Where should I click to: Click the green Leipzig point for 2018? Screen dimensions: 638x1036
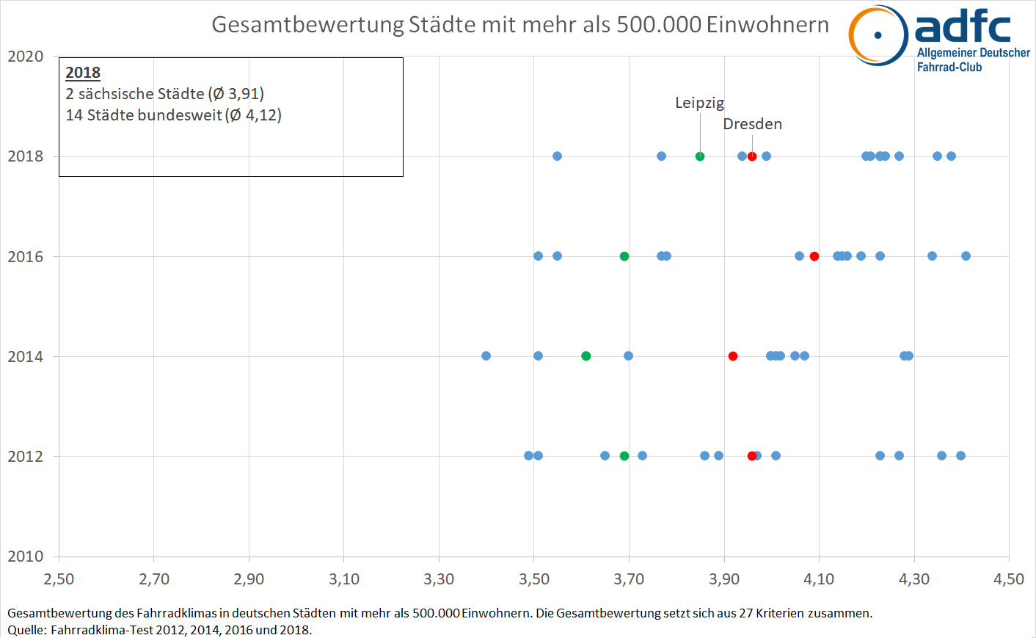[700, 156]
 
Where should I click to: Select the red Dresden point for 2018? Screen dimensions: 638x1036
[752, 156]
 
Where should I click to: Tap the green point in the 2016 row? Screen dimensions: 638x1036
[624, 256]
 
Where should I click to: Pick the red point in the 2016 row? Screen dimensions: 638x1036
[814, 256]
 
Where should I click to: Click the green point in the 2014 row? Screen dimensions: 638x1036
[586, 356]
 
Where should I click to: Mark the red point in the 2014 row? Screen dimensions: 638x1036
[733, 356]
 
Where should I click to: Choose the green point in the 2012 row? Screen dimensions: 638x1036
[624, 456]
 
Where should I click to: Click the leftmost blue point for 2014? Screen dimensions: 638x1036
[486, 356]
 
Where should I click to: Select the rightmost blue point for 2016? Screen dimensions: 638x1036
[966, 256]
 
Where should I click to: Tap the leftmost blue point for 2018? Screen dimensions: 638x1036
[557, 156]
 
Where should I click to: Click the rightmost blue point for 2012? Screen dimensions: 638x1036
[960, 456]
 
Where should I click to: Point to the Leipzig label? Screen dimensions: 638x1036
[699, 103]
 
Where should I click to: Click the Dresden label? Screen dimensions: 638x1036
[752, 124]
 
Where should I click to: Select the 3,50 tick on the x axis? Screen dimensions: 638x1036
[534, 579]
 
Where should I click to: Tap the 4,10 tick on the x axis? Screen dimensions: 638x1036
[819, 579]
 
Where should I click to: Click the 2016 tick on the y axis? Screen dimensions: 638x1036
[26, 257]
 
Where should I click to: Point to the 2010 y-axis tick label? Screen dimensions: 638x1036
[26, 557]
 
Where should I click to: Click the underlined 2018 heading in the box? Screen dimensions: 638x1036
[83, 73]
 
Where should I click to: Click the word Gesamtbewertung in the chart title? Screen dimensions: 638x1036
[307, 25]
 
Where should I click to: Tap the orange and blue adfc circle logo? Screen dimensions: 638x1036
[878, 35]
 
